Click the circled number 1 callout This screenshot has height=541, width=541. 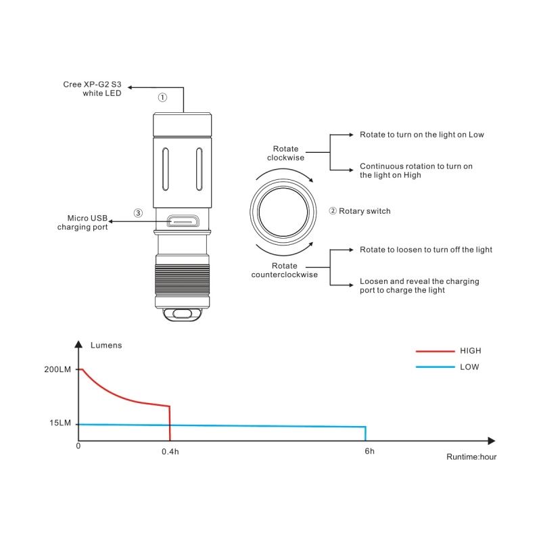pyautogui.click(x=162, y=97)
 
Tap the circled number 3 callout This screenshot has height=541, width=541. pyautogui.click(x=138, y=213)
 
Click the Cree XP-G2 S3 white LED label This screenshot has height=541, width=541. pyautogui.click(x=92, y=89)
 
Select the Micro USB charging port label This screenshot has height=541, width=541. pyautogui.click(x=83, y=222)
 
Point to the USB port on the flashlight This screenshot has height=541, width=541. pyautogui.click(x=183, y=221)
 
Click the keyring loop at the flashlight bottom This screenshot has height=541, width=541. pyautogui.click(x=182, y=314)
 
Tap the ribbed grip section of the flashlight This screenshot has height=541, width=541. pyautogui.click(x=182, y=279)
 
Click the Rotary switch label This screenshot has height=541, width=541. pyautogui.click(x=364, y=211)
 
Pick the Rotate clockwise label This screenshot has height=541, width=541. pyautogui.click(x=285, y=154)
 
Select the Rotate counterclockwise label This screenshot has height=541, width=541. pyautogui.click(x=284, y=270)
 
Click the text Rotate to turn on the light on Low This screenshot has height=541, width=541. pyautogui.click(x=421, y=135)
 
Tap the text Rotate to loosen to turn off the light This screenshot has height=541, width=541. pyautogui.click(x=426, y=250)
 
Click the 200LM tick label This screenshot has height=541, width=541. pyautogui.click(x=57, y=369)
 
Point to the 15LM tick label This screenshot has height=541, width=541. pyautogui.click(x=60, y=423)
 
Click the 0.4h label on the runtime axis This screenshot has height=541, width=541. pyautogui.click(x=170, y=452)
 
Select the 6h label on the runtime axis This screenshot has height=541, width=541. pyautogui.click(x=369, y=451)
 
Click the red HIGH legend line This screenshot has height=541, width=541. pyautogui.click(x=435, y=351)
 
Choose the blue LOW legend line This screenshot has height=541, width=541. pyautogui.click(x=435, y=367)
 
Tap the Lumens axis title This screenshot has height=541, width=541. pyautogui.click(x=106, y=346)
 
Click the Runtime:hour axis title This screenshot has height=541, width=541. pyautogui.click(x=471, y=457)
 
